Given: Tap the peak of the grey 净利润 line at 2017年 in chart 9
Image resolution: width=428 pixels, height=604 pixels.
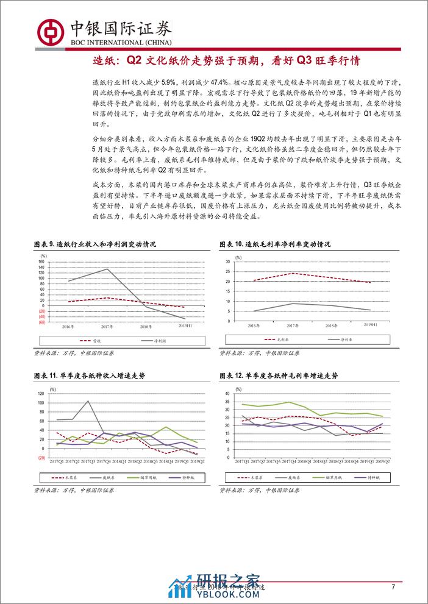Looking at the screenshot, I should point(108,269).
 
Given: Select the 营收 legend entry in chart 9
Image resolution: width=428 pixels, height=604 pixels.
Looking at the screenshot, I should point(95,341).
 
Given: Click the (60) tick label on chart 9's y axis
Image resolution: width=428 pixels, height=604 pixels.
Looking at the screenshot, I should point(41,322).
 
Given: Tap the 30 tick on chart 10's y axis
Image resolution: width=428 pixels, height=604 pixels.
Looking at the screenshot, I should point(227,261).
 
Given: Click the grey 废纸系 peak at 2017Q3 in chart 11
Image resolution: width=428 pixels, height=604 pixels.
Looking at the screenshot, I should point(87,401).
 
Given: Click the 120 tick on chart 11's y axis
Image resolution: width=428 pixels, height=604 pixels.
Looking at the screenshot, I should point(41,394).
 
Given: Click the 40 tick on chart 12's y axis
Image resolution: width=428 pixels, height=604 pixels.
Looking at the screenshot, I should point(227,394).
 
